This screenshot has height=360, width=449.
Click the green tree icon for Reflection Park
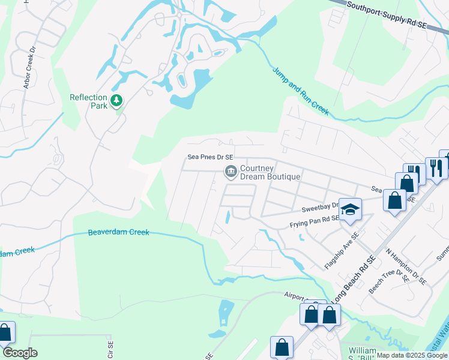[x=116, y=101]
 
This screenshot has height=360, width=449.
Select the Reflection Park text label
[x=88, y=101]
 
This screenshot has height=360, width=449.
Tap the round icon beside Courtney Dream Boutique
[x=230, y=172]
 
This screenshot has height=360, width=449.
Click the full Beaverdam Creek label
[x=118, y=233]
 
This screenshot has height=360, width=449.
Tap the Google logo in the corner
[x=19, y=353]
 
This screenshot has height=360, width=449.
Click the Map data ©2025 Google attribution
[x=411, y=355]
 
